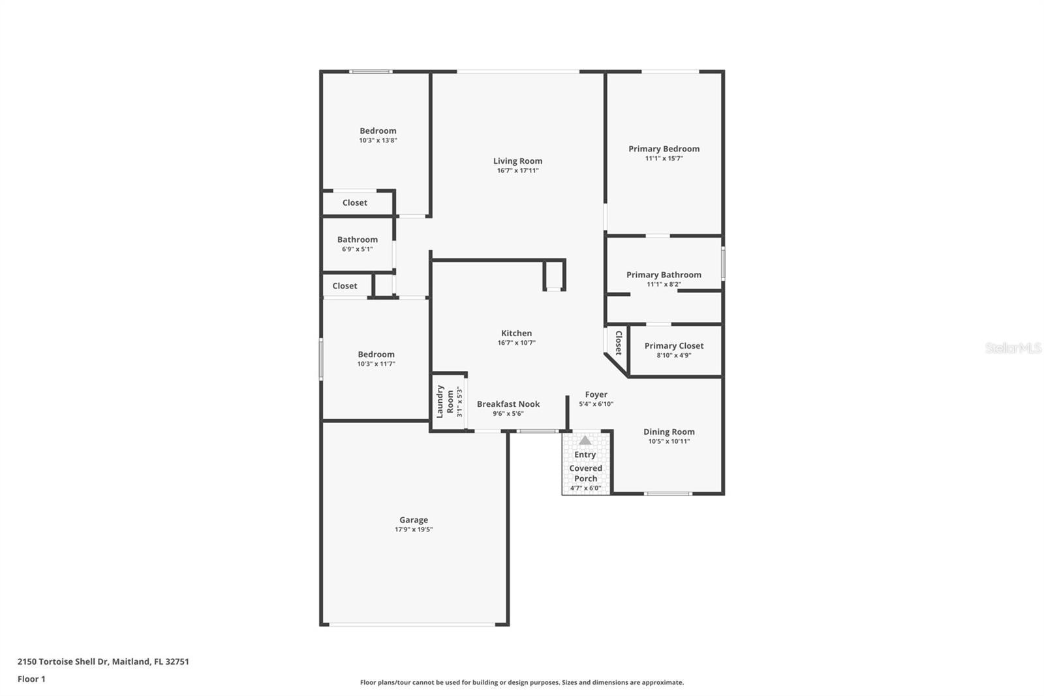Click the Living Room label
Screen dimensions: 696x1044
point(517,161)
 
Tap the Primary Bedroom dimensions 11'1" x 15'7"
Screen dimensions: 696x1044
point(664,159)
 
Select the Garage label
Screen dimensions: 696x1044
point(414,520)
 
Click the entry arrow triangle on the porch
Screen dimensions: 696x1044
point(585,441)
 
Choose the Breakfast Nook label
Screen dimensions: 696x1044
point(508,404)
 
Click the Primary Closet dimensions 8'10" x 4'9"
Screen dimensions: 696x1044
point(673,356)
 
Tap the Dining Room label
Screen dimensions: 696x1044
point(669,432)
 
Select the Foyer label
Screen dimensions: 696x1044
point(596,395)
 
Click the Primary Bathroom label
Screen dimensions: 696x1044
point(664,275)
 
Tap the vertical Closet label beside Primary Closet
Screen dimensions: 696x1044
point(618,342)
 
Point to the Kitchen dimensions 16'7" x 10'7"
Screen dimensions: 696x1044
point(516,343)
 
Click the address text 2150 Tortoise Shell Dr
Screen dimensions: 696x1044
point(63,661)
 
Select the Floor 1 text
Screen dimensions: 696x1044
point(31,679)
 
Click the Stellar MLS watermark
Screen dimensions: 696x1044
point(1013,348)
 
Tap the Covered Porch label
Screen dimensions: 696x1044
point(585,473)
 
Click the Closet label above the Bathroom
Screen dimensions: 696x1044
point(355,203)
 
